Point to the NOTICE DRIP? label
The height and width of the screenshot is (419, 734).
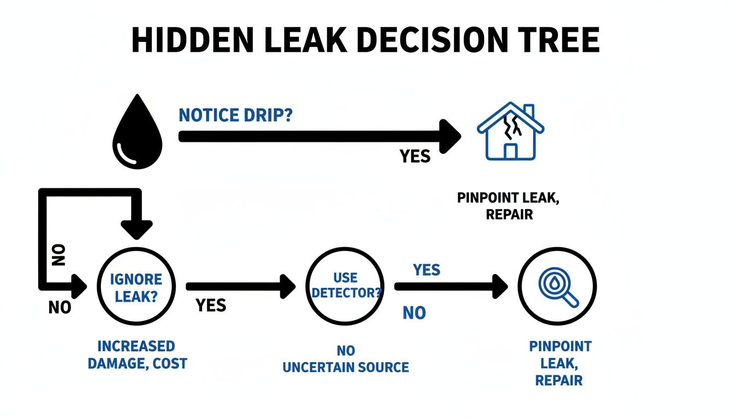[235, 115]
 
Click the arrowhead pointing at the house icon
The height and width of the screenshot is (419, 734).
[449, 136]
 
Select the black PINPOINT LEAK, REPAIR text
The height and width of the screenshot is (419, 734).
[508, 206]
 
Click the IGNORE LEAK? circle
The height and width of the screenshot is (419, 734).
[136, 286]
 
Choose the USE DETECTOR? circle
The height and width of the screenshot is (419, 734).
[346, 286]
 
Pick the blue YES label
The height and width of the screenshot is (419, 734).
[427, 270]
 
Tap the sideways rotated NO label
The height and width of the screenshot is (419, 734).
[60, 254]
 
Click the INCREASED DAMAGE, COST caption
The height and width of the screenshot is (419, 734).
[137, 355]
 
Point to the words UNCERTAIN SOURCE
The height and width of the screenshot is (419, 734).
[345, 367]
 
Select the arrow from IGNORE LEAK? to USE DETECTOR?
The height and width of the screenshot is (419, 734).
[240, 286]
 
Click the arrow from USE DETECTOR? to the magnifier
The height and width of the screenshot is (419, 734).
[451, 286]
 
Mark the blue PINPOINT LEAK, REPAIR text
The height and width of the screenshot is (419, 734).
[560, 363]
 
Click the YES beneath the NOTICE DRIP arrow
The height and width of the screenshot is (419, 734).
[415, 157]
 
